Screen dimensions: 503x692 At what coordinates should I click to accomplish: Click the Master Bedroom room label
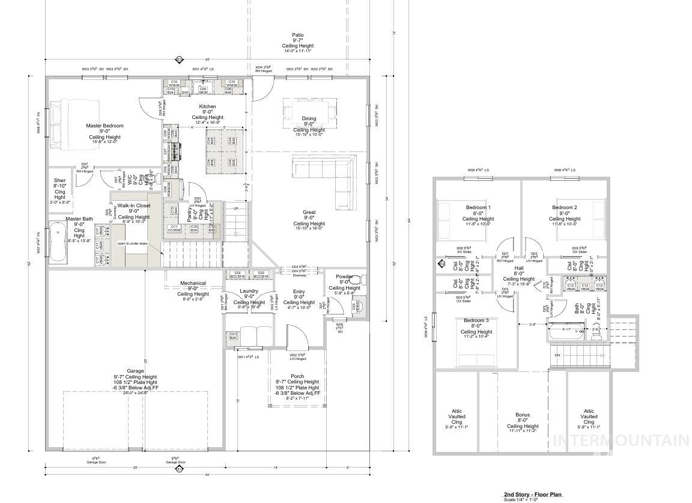[105, 126]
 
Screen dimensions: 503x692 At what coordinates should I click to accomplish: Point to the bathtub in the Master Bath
[58, 242]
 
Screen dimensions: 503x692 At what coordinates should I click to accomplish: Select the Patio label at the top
[298, 35]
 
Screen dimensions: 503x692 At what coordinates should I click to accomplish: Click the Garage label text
[135, 371]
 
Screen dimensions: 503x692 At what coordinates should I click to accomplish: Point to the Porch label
[297, 376]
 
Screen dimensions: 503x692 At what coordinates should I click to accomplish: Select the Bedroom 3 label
[476, 320]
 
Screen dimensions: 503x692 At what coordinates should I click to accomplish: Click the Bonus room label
[523, 415]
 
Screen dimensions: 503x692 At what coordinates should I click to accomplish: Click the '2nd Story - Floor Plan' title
[533, 494]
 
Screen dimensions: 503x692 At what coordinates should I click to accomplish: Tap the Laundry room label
[249, 291]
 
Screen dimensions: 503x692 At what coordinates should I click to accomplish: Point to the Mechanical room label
[193, 283]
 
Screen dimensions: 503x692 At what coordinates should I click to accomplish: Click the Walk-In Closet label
[134, 206]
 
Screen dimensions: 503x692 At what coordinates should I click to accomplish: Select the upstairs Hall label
[518, 271]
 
